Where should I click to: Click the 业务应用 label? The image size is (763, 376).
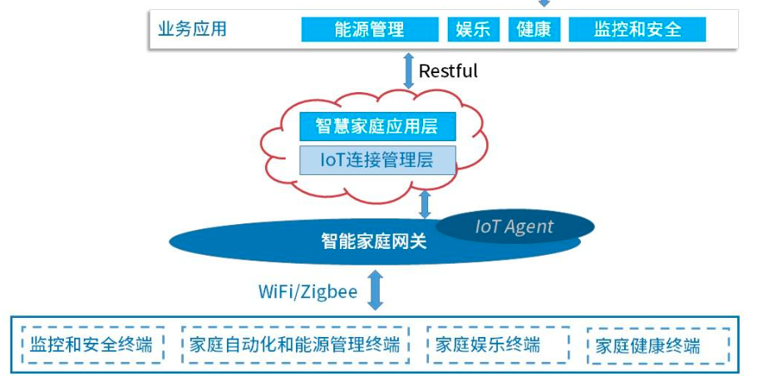coord(192,29)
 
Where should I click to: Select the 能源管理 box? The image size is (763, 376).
coord(369,29)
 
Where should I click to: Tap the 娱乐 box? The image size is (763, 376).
coord(473,29)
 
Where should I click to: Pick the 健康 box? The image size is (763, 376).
coord(533,29)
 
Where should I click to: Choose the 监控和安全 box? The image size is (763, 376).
coord(637,29)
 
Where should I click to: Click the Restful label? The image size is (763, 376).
coord(448,71)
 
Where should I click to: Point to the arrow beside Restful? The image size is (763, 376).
coord(408,71)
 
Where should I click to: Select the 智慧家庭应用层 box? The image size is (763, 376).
coord(377,127)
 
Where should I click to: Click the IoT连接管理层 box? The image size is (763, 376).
coord(377,159)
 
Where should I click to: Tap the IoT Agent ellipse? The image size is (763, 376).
coord(514,227)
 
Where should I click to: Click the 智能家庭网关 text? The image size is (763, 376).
coord(373,242)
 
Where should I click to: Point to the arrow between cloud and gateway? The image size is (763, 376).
coord(425,203)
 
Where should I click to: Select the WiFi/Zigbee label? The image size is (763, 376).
coord(308,292)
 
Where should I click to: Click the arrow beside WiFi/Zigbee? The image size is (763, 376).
coord(376,290)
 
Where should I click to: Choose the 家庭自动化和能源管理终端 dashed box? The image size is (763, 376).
coord(294,344)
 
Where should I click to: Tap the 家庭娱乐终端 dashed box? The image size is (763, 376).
coord(498,344)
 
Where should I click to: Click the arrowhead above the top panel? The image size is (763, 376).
coord(544,3)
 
